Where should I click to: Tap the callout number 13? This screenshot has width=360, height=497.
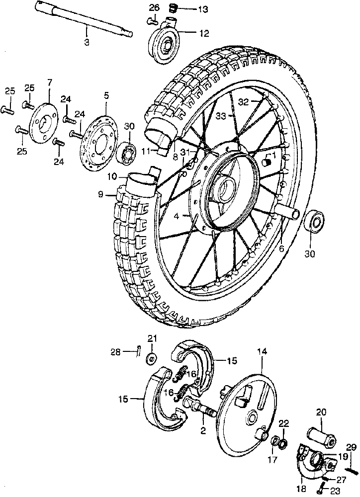click(203, 9)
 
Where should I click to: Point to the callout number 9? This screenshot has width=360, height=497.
click(100, 194)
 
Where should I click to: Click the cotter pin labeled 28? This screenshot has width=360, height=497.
click(138, 351)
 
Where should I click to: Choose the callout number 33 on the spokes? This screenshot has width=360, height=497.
click(221, 116)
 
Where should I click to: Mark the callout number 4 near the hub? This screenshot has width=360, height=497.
click(177, 217)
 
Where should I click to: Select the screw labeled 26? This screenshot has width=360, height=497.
click(153, 21)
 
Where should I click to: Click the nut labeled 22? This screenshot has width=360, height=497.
click(284, 442)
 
